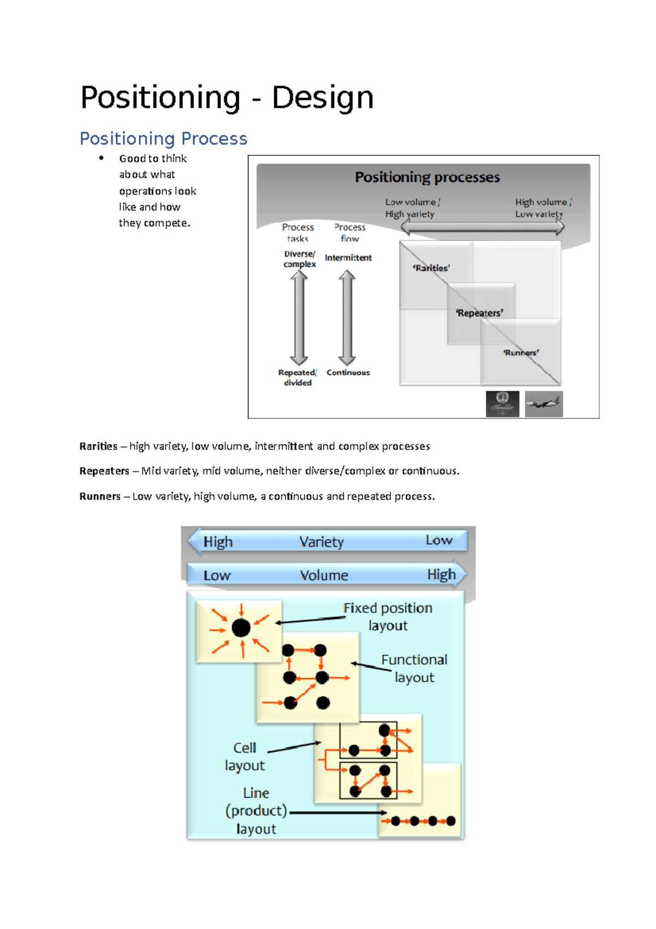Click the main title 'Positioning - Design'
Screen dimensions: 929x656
pyautogui.click(x=227, y=98)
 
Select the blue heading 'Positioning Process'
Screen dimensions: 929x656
pyautogui.click(x=163, y=138)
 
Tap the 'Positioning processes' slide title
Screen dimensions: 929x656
pyautogui.click(x=427, y=177)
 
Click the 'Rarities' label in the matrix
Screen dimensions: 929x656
pyautogui.click(x=431, y=268)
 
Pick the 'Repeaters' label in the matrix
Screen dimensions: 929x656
pyautogui.click(x=479, y=313)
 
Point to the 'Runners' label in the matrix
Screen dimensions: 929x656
pyautogui.click(x=520, y=353)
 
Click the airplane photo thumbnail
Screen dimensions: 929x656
pyautogui.click(x=543, y=404)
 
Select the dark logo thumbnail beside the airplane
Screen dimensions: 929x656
pyautogui.click(x=502, y=404)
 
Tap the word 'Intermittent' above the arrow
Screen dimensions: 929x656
pyautogui.click(x=348, y=258)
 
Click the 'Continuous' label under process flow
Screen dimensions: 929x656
pyautogui.click(x=348, y=373)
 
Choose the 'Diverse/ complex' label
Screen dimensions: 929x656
pyautogui.click(x=299, y=259)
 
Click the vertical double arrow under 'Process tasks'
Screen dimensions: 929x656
pyautogui.click(x=298, y=317)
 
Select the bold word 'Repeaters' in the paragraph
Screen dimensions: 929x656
pyautogui.click(x=104, y=471)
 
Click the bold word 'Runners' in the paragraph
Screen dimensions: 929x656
pyautogui.click(x=99, y=496)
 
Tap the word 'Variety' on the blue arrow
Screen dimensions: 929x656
pyautogui.click(x=321, y=542)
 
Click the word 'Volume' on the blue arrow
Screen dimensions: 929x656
pyautogui.click(x=324, y=575)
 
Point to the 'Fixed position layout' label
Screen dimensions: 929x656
pyautogui.click(x=388, y=617)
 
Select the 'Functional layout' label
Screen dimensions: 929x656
pyautogui.click(x=414, y=668)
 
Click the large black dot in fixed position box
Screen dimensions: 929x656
pyautogui.click(x=241, y=628)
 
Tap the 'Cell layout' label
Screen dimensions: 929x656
pyautogui.click(x=244, y=756)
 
